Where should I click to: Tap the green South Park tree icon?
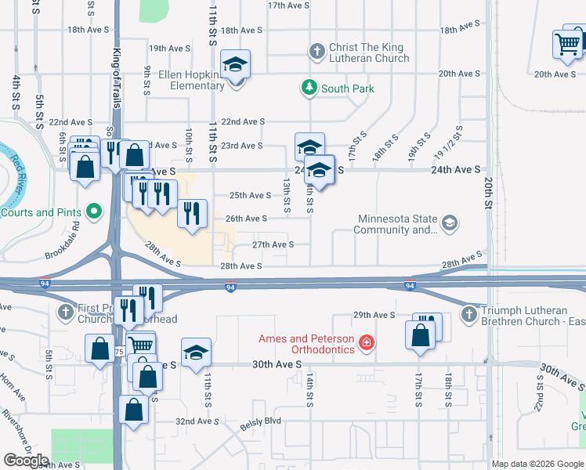pos(309,87)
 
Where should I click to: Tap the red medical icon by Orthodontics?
pos(364,342)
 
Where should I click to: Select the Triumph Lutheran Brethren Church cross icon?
pos(468,314)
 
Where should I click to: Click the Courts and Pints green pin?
pos(94,211)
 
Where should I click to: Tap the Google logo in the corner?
pos(27,461)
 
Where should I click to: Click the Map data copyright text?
pos(537,464)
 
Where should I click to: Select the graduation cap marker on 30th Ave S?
pos(196,352)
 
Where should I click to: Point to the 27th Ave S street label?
pos(273,244)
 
